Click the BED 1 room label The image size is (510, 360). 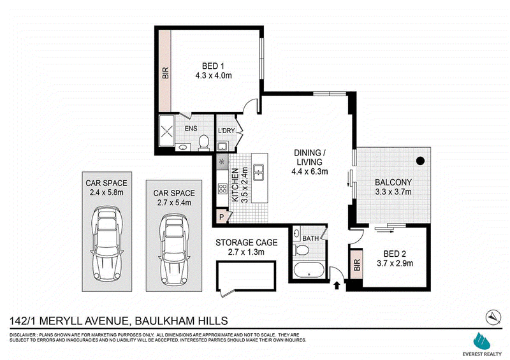click(x=213, y=66)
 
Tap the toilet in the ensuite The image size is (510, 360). click(x=203, y=143)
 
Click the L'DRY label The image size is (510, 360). click(x=226, y=131)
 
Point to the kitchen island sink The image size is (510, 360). click(x=259, y=173)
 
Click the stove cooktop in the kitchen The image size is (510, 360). click(x=222, y=189)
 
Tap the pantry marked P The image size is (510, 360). click(x=222, y=217)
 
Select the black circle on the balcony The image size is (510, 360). click(x=420, y=161)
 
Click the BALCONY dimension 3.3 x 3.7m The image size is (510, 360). click(x=393, y=192)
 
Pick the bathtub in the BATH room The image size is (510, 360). click(x=309, y=270)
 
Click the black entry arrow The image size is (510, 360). click(x=337, y=285)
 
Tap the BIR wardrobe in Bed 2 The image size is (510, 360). click(x=357, y=264)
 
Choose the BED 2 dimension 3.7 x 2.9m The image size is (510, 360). click(x=395, y=263)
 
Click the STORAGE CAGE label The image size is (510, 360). click(x=246, y=243)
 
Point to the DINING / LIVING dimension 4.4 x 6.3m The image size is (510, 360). click(x=310, y=171)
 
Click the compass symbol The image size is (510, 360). click(x=493, y=317)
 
